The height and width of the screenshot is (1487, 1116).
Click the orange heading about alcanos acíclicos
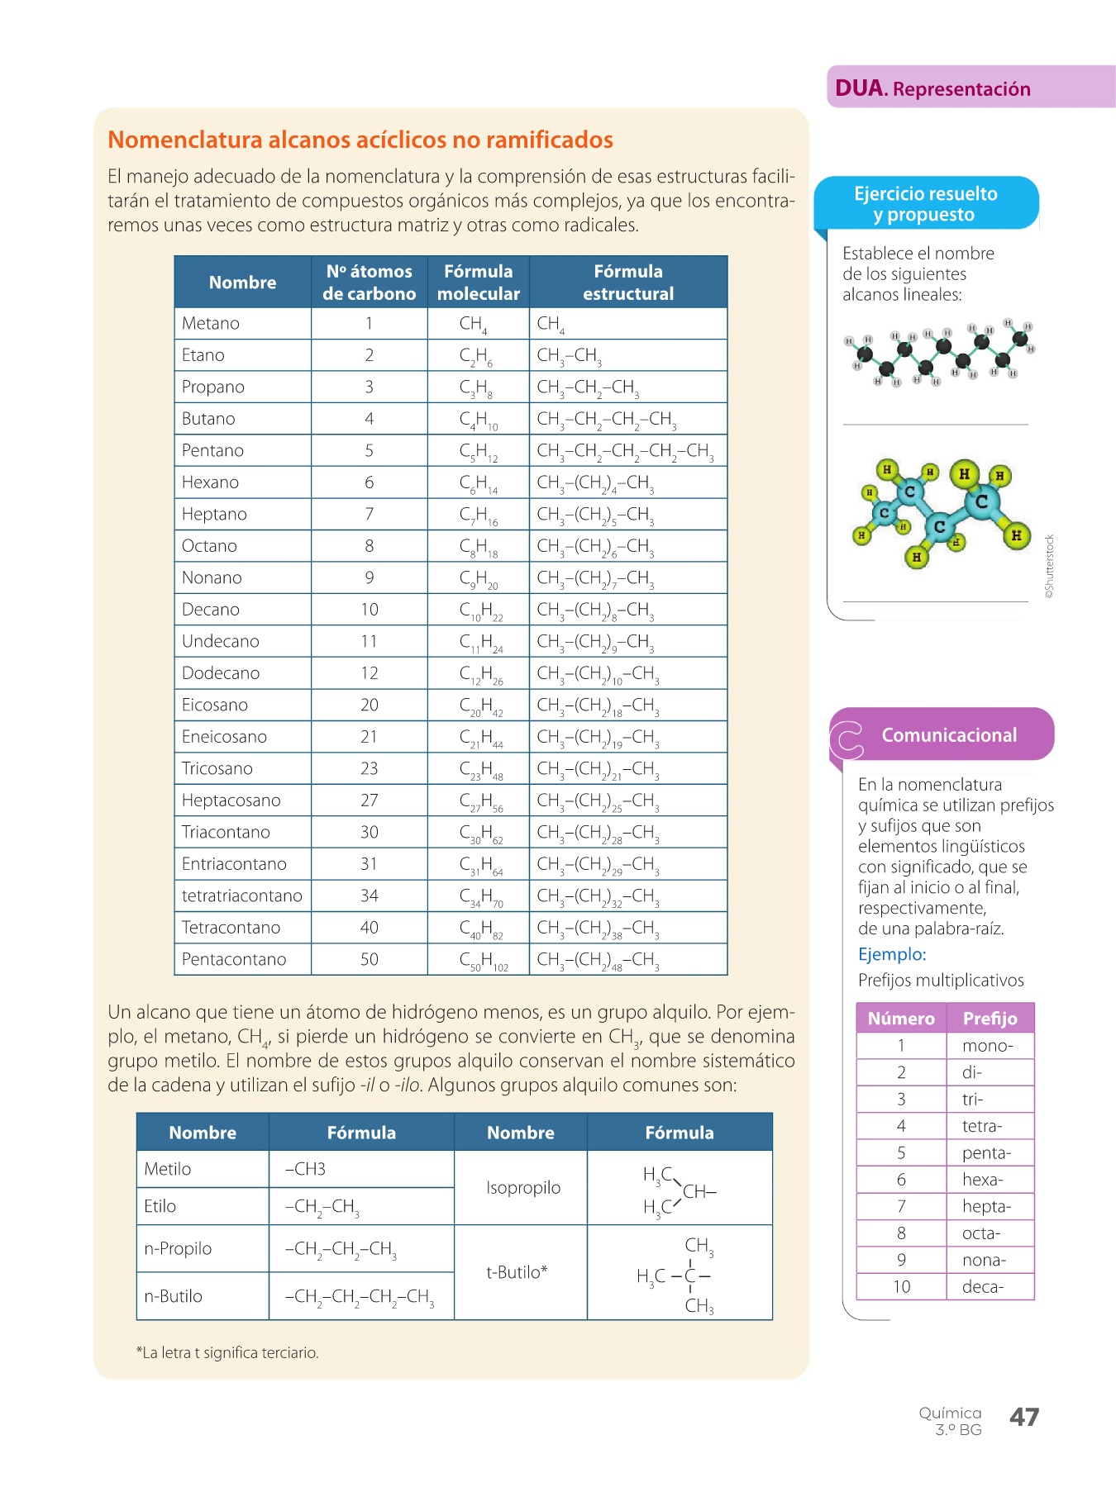[360, 140]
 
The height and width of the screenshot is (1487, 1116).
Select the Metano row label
[211, 324]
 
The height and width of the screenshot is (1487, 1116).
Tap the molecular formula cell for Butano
[479, 420]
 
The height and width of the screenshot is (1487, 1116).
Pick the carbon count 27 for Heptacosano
[369, 801]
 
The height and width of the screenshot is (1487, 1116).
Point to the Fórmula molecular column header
[478, 283]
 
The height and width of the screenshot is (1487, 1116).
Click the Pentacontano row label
[234, 960]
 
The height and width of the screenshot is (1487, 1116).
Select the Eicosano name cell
[215, 705]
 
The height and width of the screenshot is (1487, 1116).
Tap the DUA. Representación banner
[932, 88]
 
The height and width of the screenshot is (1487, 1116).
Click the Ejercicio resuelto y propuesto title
[925, 204]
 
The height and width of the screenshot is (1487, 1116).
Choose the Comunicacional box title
[949, 735]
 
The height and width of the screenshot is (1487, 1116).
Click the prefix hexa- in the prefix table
[982, 1180]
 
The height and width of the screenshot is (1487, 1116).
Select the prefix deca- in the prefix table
[983, 1287]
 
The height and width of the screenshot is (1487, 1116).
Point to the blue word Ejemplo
[892, 955]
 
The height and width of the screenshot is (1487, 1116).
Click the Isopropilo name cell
[523, 1188]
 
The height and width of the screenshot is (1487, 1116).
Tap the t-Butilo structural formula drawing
[678, 1275]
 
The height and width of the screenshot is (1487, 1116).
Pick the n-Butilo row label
[173, 1296]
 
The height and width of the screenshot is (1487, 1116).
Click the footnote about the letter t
[227, 1352]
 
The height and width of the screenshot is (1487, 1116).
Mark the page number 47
[1024, 1418]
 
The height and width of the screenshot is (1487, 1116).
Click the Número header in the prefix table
[901, 1019]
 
